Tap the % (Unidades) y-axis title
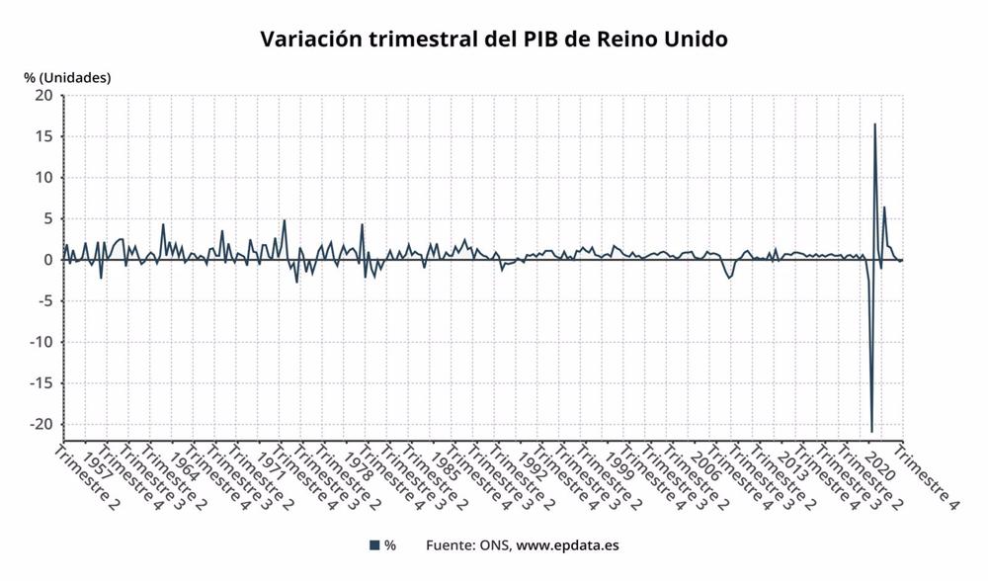(x=67, y=77)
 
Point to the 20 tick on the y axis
(x=43, y=96)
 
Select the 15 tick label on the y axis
(x=43, y=136)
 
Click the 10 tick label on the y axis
(x=43, y=178)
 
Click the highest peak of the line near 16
(x=874, y=124)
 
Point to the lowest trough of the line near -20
(x=871, y=431)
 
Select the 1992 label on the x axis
(x=533, y=465)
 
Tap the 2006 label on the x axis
(x=706, y=465)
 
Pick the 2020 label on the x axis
(x=879, y=465)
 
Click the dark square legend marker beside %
(x=373, y=545)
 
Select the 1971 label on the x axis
(x=272, y=465)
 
